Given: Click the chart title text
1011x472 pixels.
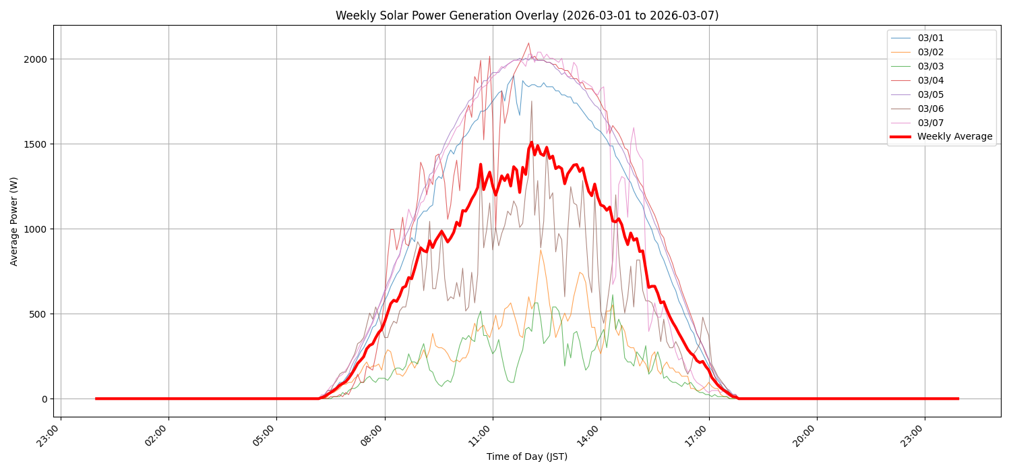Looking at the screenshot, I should click(527, 16).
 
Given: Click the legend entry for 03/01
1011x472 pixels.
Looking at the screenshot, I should click(930, 38).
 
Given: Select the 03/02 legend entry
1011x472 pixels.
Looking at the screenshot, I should click(930, 53).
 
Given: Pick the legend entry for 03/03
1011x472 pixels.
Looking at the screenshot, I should click(930, 66).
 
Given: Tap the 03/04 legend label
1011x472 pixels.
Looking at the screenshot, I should click(930, 80).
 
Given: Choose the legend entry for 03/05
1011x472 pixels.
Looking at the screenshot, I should click(930, 94).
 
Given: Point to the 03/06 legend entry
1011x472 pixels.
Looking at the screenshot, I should click(930, 109).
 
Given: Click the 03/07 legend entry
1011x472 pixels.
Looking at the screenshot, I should click(930, 123).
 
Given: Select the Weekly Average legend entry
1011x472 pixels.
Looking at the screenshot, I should click(954, 137).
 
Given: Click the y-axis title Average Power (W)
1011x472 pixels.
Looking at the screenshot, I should click(14, 221).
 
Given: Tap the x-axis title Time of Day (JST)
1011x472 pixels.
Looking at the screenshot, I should click(527, 457).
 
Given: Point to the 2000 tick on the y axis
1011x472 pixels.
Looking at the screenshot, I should click(36, 59).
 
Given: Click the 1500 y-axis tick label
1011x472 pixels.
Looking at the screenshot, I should click(36, 144).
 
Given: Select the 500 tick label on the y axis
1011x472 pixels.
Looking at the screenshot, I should click(39, 314).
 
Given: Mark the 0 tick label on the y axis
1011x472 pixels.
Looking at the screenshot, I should click(44, 399).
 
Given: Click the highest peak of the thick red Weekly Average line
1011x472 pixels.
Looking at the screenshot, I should click(531, 142).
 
